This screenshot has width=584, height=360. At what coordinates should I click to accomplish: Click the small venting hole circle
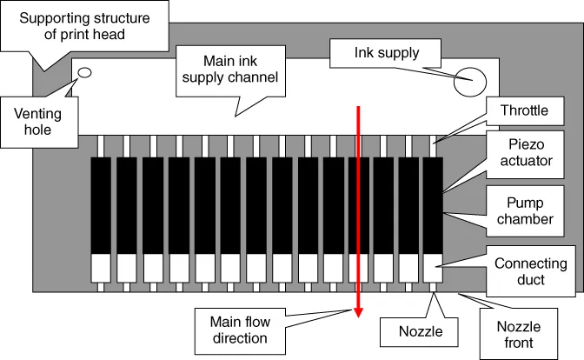coord(85,73)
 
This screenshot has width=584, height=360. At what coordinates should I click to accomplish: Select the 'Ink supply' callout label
coord(387,53)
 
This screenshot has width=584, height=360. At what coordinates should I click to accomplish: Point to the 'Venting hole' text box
coord(38,120)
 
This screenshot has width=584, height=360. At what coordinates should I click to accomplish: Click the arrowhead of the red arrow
coord(357,313)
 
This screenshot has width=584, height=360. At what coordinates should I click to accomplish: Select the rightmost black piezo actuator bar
coord(432,204)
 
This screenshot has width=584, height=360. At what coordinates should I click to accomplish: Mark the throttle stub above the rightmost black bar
coord(432,145)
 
